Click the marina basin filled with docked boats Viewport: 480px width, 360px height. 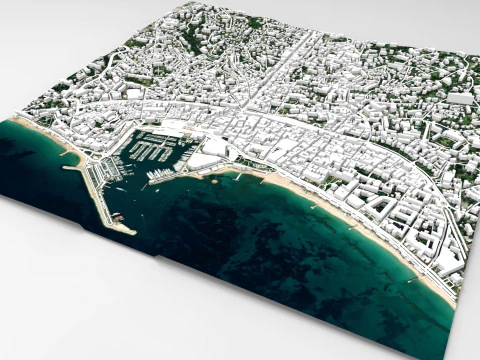(150, 150)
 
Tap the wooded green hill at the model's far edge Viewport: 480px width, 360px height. (190, 35)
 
